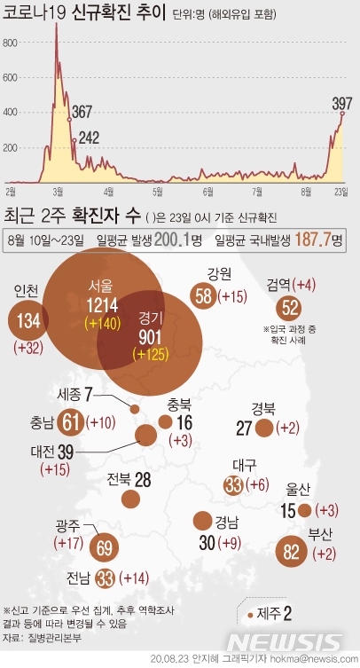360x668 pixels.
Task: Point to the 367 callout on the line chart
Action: point(82,112)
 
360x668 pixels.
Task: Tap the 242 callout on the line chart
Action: point(88,138)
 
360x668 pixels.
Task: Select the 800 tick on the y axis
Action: point(11,42)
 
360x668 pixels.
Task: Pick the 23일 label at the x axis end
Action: point(341,191)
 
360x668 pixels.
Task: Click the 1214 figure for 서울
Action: point(100,305)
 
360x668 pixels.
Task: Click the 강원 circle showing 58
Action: point(205,296)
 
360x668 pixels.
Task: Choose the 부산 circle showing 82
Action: point(293,551)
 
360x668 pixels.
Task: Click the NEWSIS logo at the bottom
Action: point(284,640)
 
